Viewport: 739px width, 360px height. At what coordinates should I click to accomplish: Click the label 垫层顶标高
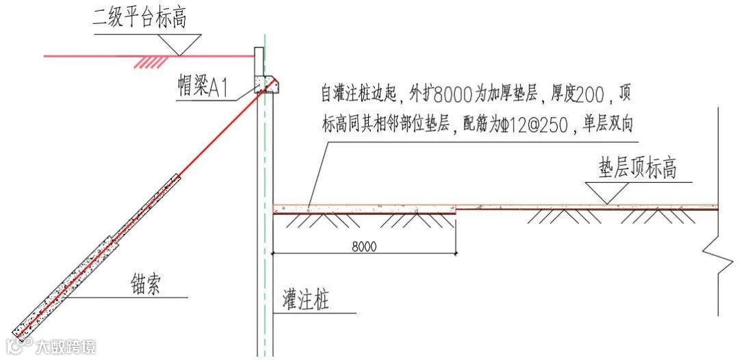[638, 168]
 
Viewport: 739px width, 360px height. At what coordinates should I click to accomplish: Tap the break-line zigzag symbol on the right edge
[717, 257]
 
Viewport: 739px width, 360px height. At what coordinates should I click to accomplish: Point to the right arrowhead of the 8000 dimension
[455, 254]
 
